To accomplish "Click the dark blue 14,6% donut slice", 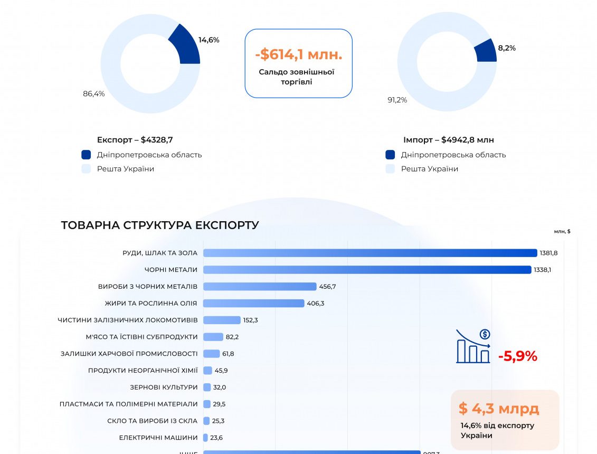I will coord(186,47).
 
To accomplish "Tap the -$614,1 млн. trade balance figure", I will coord(298,54).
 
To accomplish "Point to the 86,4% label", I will coord(93,94).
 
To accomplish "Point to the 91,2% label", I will coord(397,100).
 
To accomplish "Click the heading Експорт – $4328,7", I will coord(135,140).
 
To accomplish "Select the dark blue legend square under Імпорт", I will coord(390,155).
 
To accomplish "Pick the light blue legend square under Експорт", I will coord(86,169).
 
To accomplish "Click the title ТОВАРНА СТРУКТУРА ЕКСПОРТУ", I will coord(160,225).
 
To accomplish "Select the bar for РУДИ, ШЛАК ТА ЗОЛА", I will coord(369,253).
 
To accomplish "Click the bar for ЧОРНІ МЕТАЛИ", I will coord(367,270).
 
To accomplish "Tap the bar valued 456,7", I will coord(260,287).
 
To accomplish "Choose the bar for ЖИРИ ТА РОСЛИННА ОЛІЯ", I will coord(254,303).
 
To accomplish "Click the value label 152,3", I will coord(251,320).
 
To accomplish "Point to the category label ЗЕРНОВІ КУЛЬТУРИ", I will coord(164,387).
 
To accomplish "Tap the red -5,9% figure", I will coord(517,356).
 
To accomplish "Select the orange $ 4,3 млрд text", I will coord(498,409).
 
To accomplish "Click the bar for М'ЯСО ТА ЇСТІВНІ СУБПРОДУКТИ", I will coord(213,337).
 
